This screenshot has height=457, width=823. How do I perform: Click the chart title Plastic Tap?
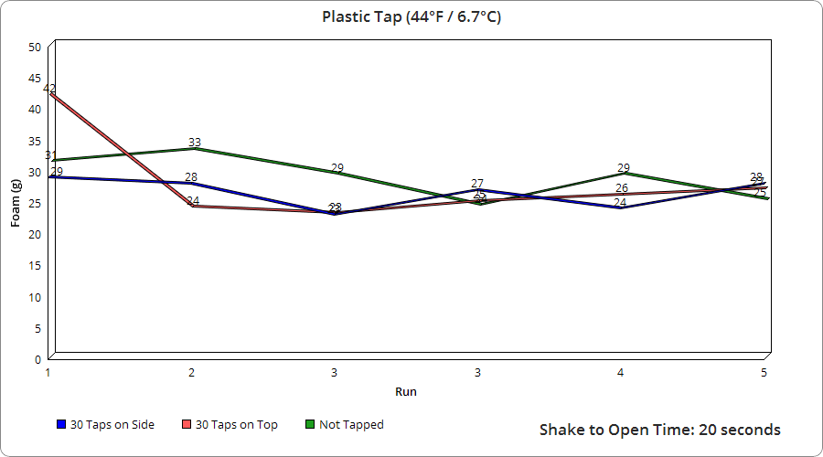pos(411,17)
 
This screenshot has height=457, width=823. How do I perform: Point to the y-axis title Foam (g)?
pos(16,203)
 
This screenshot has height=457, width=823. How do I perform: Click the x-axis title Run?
pos(406,391)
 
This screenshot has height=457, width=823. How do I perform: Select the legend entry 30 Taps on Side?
pos(105,425)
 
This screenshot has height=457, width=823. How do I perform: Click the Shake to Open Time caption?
pos(659,430)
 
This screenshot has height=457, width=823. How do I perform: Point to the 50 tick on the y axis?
pos(35,47)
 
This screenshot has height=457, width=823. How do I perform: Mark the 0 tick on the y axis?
pos(37,359)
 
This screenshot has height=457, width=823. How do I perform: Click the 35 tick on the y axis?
pos(35,141)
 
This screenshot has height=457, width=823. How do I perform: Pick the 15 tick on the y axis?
pos(35,266)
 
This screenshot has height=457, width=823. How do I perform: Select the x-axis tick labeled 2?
pos(191,373)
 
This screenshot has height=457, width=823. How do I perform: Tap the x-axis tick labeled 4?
pos(621,373)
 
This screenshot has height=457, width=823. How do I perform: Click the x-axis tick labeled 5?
pos(764,373)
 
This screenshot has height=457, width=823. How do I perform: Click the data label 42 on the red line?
pos(49,89)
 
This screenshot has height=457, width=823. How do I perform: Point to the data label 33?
pos(195,143)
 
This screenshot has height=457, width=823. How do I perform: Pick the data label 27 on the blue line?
pos(477,184)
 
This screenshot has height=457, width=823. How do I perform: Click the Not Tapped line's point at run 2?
pos(192,149)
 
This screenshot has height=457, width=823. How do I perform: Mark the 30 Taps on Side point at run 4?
pos(621,208)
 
